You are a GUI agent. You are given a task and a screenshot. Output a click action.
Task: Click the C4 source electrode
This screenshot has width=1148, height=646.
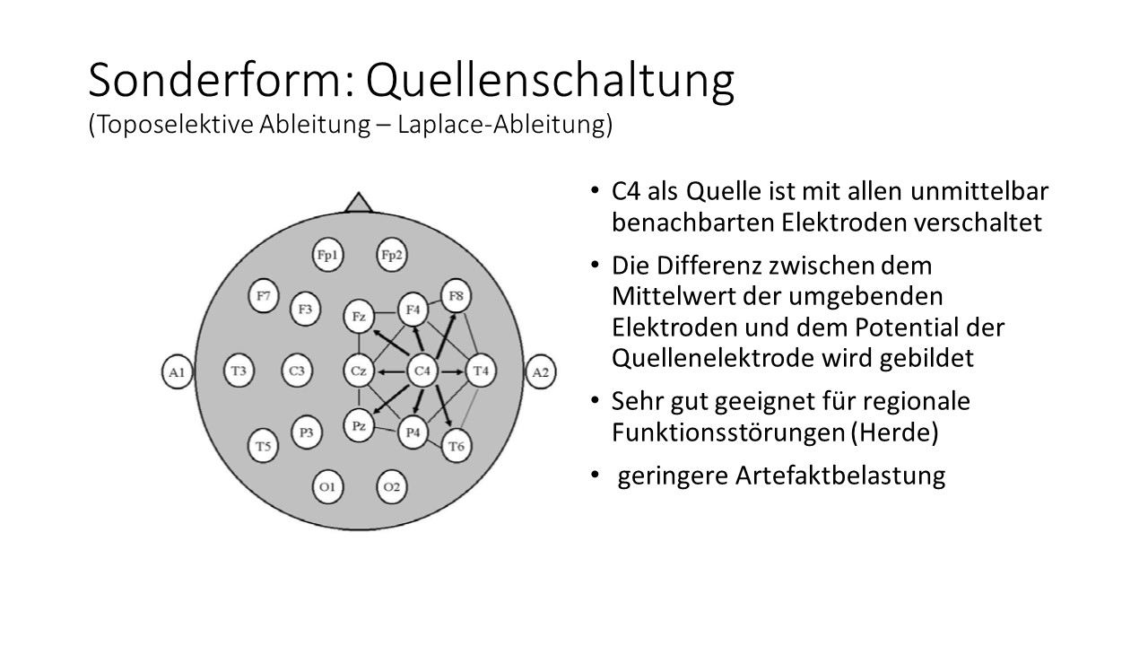point(422,371)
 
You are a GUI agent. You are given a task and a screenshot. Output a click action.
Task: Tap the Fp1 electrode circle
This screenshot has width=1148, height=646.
point(327,255)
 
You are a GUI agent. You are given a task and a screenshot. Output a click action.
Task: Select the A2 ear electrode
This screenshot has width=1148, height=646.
point(541,371)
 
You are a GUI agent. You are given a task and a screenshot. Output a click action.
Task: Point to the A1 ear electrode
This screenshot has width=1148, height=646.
point(178,371)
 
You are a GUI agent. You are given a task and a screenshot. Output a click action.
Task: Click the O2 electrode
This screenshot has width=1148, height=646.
point(392,486)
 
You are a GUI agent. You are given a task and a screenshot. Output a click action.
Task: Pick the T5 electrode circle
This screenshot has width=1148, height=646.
point(263,446)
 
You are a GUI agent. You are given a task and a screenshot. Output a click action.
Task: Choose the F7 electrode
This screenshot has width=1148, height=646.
point(264,296)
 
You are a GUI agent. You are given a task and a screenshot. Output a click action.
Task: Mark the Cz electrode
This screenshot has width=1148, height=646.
point(359,371)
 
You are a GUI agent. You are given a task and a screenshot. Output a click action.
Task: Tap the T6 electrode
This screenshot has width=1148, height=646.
point(457,446)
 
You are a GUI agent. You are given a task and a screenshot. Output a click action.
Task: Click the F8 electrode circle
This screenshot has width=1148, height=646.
point(456,296)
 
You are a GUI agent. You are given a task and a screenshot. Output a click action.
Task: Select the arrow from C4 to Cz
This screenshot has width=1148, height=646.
point(390,371)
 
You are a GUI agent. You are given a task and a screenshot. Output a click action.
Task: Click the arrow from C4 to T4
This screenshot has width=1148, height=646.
point(452,371)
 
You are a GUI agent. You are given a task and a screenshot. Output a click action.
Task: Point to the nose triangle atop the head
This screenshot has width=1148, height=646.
point(359,203)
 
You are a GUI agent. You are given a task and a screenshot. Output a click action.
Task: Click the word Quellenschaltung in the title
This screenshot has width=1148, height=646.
point(550,81)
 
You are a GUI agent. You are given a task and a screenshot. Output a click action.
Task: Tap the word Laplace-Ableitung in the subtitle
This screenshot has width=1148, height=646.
point(505,125)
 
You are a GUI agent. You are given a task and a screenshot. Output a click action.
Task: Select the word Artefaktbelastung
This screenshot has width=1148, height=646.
point(840,476)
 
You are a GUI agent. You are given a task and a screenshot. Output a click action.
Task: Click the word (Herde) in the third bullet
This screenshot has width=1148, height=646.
point(895,432)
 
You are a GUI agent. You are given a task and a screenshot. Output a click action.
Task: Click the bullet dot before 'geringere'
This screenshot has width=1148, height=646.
point(595,476)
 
